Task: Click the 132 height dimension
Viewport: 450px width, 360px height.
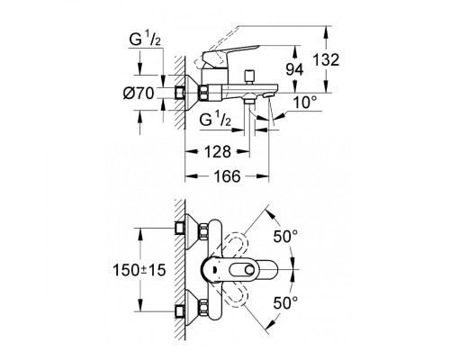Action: tap(326, 60)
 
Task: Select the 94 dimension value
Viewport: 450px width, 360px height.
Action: tap(294, 69)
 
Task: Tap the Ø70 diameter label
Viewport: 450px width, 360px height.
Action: tap(139, 94)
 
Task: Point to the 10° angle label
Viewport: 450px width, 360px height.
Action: tap(305, 103)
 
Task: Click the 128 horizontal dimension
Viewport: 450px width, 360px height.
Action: tap(218, 152)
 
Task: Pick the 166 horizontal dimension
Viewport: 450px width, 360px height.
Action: tap(227, 176)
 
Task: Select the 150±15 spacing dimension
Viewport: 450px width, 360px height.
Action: tap(139, 270)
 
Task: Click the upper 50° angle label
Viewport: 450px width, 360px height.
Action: tap(285, 237)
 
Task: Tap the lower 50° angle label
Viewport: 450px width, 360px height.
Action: tap(285, 302)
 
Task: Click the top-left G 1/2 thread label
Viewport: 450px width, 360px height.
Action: tap(145, 40)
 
